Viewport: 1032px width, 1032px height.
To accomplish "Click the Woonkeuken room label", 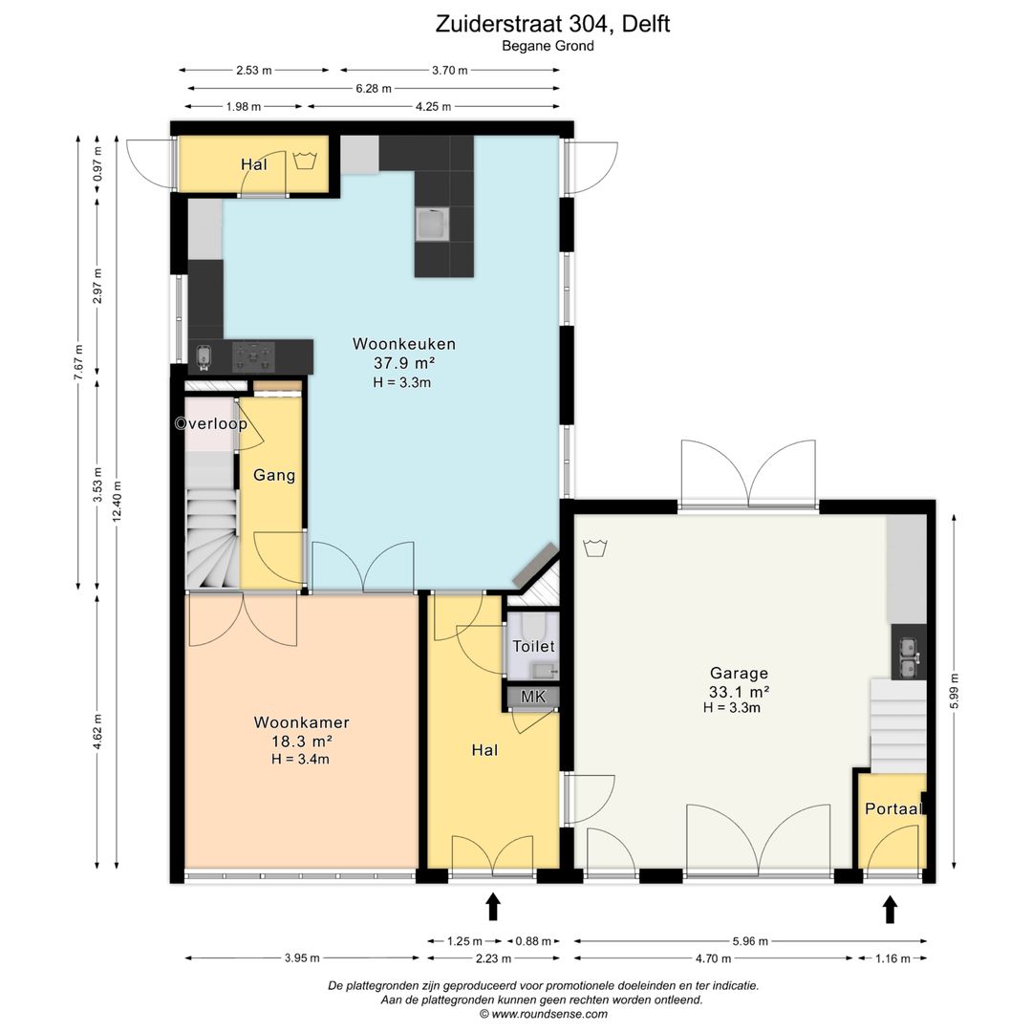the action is pyautogui.click(x=403, y=344).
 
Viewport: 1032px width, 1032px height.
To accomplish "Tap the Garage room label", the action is pyautogui.click(x=739, y=674).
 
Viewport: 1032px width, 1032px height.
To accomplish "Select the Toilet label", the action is pyautogui.click(x=534, y=646).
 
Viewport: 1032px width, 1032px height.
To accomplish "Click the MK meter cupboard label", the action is pyautogui.click(x=533, y=697).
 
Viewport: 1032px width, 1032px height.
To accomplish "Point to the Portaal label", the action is pyautogui.click(x=893, y=809).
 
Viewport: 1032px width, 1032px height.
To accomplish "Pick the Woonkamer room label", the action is pyautogui.click(x=301, y=722).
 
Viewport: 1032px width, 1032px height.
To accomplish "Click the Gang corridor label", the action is pyautogui.click(x=274, y=475).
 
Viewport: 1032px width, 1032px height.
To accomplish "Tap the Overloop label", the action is pyautogui.click(x=211, y=424).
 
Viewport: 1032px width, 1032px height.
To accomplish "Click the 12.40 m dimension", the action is pyautogui.click(x=117, y=503).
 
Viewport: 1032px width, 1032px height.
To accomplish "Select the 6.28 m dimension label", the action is pyautogui.click(x=374, y=88).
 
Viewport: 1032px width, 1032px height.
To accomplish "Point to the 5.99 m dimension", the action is pyautogui.click(x=955, y=691).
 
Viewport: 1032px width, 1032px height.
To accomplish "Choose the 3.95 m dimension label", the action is pyautogui.click(x=302, y=958).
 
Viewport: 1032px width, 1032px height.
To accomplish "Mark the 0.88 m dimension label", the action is pyautogui.click(x=534, y=941).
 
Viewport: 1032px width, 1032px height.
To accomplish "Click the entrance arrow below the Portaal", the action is pyautogui.click(x=890, y=910).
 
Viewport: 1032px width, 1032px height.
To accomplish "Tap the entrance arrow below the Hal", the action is pyautogui.click(x=492, y=906).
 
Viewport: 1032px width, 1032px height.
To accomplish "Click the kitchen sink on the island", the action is pyautogui.click(x=433, y=224).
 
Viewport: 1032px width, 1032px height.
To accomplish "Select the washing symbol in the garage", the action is pyautogui.click(x=595, y=548).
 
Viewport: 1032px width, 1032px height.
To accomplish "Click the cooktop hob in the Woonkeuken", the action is pyautogui.click(x=253, y=357).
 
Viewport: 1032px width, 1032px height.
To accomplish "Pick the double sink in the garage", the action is pyautogui.click(x=909, y=657).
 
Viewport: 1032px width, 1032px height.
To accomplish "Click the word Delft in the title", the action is pyautogui.click(x=646, y=24).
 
